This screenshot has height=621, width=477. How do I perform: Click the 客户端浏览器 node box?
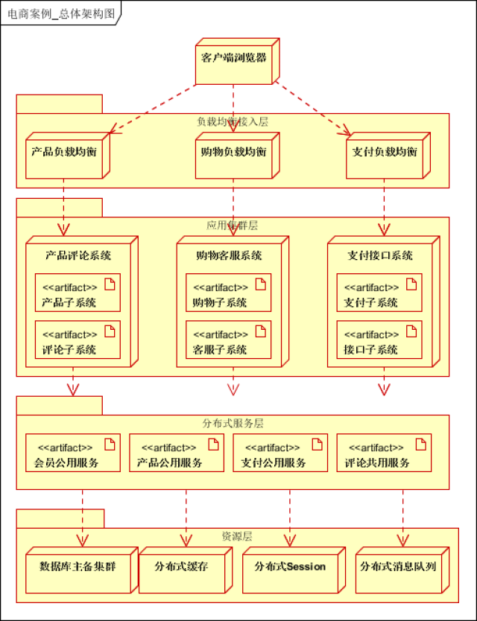233,59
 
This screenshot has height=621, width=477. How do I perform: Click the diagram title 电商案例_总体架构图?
55,13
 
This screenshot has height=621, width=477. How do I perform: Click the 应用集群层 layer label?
233,225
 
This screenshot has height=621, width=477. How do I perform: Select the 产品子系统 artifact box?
78,293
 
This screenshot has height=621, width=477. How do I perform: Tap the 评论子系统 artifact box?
78,340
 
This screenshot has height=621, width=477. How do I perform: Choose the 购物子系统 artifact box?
228,293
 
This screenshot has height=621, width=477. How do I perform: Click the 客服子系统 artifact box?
228,340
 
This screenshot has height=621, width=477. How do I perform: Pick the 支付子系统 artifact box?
379,293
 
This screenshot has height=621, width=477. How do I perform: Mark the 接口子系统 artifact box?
379,340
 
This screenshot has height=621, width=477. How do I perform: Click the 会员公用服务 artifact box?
72,453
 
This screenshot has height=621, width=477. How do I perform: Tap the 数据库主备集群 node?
78,568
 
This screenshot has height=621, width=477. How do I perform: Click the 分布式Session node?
290,568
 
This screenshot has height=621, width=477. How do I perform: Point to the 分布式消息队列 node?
398,568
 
